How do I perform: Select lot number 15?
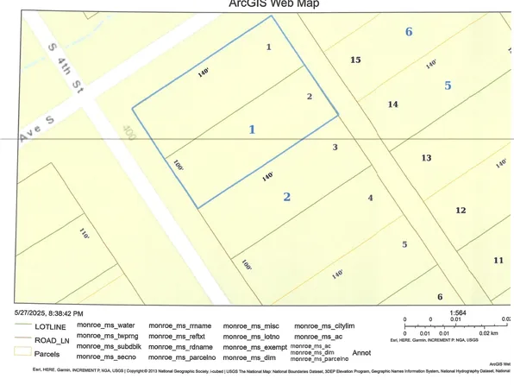click(354, 60)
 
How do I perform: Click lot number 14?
click(392, 104)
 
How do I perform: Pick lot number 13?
click(426, 158)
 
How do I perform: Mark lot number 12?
click(461, 211)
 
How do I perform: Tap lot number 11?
click(498, 260)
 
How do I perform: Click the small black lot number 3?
click(335, 147)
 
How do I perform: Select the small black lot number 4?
click(370, 198)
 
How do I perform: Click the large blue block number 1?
click(252, 129)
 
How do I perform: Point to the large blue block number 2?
click(287, 197)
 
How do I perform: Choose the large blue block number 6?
click(409, 32)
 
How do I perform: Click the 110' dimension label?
click(84, 233)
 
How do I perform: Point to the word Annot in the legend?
click(361, 352)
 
